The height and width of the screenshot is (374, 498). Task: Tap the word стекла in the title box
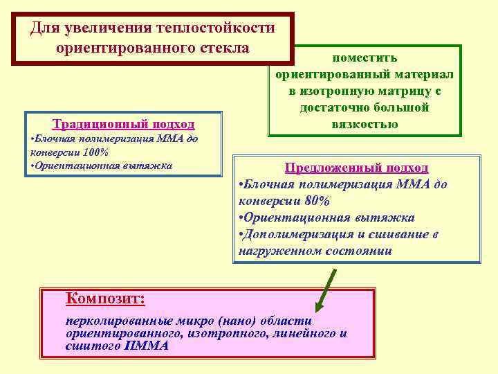[x=223, y=48]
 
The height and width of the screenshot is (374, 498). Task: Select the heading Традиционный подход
[x=124, y=124]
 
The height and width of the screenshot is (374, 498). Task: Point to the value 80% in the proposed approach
[x=315, y=201]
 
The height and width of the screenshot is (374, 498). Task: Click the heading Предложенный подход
[x=357, y=168]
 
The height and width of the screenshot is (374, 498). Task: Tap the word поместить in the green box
[x=365, y=57]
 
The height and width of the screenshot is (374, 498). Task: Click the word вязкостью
[x=365, y=124]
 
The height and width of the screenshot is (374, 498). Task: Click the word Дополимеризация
[x=292, y=234]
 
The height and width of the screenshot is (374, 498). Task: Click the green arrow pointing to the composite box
[x=325, y=290]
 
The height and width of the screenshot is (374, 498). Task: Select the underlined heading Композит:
[x=104, y=299]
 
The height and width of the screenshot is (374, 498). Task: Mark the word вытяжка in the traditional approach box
[x=147, y=166]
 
